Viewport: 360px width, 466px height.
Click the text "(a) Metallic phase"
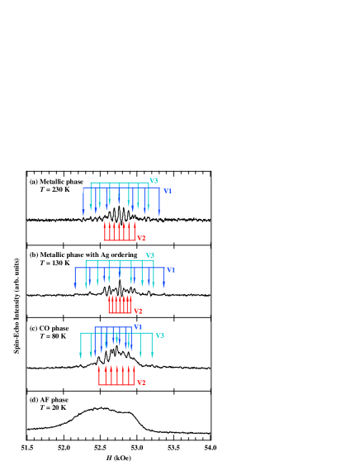tap(56, 182)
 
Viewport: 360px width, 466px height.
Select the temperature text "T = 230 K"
tap(55, 189)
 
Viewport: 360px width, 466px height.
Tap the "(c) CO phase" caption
tap(49, 328)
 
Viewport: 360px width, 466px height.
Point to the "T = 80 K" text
tap(53, 336)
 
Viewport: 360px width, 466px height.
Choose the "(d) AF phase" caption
tap(49, 400)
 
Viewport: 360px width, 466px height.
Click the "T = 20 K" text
tap(53, 407)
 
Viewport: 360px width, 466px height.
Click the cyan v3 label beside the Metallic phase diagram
tap(154, 181)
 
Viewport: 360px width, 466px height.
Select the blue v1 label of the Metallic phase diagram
tap(168, 192)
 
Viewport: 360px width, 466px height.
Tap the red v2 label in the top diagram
tap(141, 239)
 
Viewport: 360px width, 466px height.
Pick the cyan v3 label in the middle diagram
tap(150, 256)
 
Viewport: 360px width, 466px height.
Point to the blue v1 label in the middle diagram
tap(171, 270)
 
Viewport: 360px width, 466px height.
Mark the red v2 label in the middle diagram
tap(138, 311)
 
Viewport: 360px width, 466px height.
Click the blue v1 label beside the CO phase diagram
tap(138, 327)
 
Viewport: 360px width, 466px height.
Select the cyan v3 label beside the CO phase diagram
tap(160, 336)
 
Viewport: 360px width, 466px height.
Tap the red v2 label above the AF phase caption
tap(141, 383)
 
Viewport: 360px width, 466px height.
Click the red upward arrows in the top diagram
tap(120, 231)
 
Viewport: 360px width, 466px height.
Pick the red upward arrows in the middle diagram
tap(120, 305)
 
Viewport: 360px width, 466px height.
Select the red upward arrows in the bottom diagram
tap(116, 376)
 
